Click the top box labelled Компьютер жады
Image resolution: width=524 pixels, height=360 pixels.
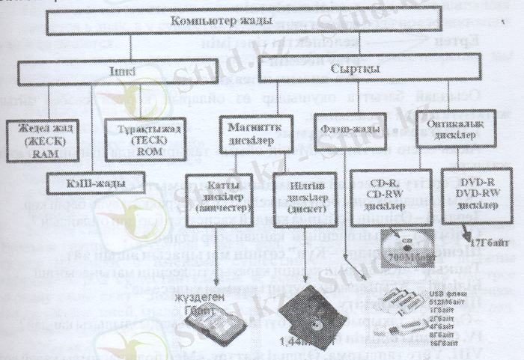pyautogui.click(x=261, y=24)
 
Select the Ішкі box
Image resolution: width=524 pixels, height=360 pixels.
pyautogui.click(x=131, y=73)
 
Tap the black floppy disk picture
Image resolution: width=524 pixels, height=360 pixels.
pyautogui.click(x=314, y=314)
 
